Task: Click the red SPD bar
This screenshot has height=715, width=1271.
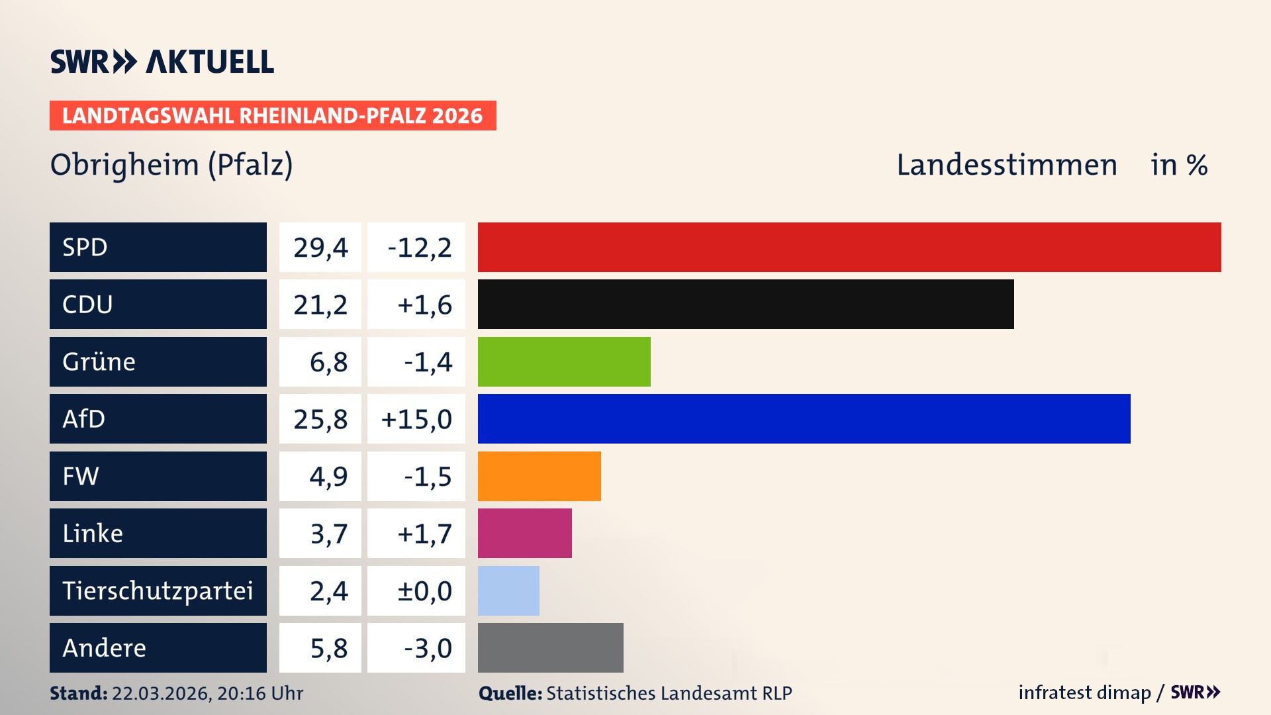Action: [x=849, y=247]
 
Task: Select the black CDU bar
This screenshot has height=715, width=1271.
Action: [x=745, y=305]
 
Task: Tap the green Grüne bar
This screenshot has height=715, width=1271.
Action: [x=564, y=361]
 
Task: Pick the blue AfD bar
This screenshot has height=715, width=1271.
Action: [x=804, y=418]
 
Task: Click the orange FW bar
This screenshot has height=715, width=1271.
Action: [x=539, y=476]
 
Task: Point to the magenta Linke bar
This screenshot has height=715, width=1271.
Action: [x=524, y=533]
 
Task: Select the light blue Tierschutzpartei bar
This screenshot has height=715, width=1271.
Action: [x=508, y=591]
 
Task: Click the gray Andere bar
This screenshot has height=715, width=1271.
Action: [x=550, y=647]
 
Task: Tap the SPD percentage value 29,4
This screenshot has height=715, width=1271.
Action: [x=320, y=248]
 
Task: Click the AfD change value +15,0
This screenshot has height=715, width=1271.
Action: [x=416, y=419]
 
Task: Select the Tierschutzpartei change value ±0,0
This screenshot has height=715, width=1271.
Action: [x=424, y=591]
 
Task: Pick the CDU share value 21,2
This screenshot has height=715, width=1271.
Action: [x=320, y=305]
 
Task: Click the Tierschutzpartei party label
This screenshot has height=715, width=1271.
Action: [x=158, y=591]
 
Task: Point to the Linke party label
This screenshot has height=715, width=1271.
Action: [x=93, y=533]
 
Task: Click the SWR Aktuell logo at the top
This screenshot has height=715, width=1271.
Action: [x=162, y=62]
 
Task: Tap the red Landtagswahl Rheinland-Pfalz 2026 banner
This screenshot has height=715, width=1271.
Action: [x=272, y=116]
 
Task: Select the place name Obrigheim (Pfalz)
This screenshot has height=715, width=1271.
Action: [x=171, y=165]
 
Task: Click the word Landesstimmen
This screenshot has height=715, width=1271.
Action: [x=1006, y=165]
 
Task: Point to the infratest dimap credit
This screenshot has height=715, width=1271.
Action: [x=1084, y=692]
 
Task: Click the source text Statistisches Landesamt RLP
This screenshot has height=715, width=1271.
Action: [x=669, y=693]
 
